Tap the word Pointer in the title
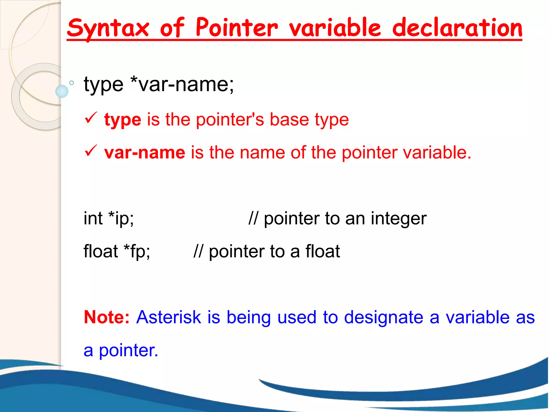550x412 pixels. pyautogui.click(x=236, y=28)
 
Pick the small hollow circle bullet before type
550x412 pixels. pyautogui.click(x=71, y=83)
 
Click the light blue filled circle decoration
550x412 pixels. pyautogui.click(x=62, y=91)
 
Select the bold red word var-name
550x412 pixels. pyautogui.click(x=144, y=152)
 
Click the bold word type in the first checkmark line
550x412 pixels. pyautogui.click(x=123, y=120)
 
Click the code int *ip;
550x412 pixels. pyautogui.click(x=108, y=218)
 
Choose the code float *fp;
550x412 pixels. pyautogui.click(x=117, y=251)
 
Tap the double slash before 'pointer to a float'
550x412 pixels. pyautogui.click(x=198, y=251)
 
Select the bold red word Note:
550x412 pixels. pyautogui.click(x=107, y=317)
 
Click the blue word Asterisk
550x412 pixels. pyautogui.click(x=168, y=317)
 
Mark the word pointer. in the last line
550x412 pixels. pyautogui.click(x=128, y=351)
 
